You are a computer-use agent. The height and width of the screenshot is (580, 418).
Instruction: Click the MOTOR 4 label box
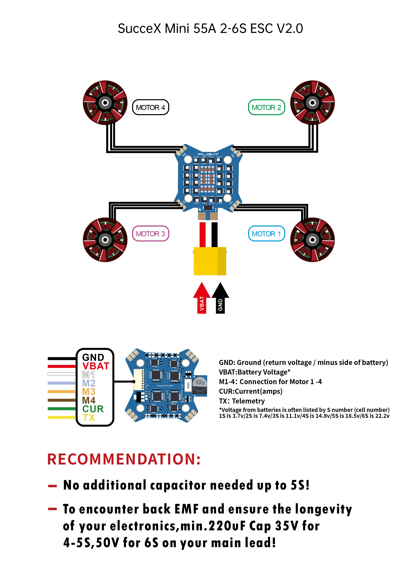tap(150, 107)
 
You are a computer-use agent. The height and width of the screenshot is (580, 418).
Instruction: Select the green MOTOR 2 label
tap(266, 107)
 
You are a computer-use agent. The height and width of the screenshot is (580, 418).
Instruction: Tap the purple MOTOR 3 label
tap(150, 233)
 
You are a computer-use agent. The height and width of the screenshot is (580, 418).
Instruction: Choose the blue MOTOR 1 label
tap(266, 233)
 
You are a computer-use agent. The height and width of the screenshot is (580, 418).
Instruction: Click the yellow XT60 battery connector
tap(210, 261)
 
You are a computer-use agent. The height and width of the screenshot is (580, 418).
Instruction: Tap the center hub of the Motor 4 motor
tap(105, 103)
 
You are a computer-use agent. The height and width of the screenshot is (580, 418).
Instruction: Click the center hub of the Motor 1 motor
tap(312, 240)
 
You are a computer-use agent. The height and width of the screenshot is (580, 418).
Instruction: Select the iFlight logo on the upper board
tap(208, 154)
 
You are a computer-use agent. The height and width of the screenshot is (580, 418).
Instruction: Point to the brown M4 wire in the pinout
tap(62, 400)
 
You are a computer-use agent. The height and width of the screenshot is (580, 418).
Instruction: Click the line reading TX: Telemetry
tap(242, 401)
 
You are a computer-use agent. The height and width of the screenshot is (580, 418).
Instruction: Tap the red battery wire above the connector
tap(202, 234)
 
